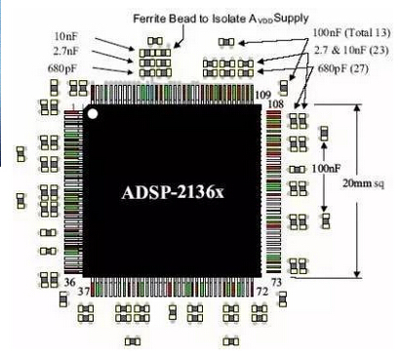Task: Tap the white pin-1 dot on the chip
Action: [94, 113]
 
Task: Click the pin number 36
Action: [69, 282]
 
